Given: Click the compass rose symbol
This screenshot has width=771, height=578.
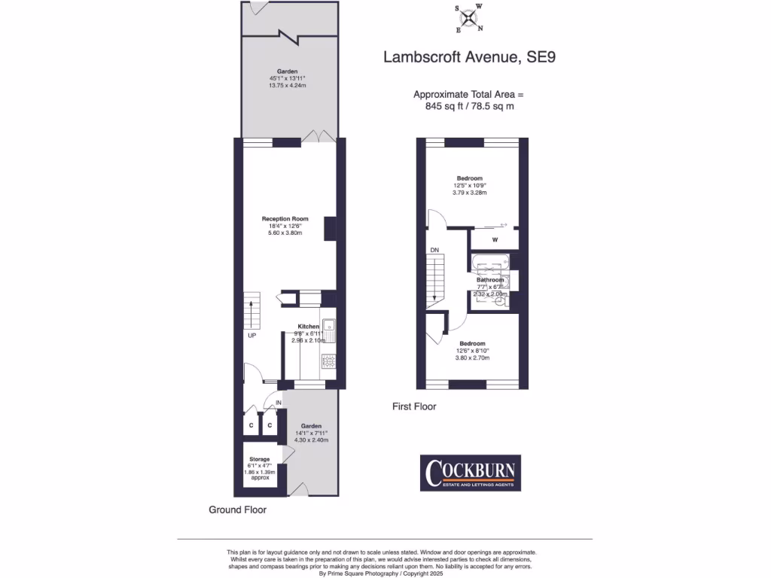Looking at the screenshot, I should pyautogui.click(x=469, y=18).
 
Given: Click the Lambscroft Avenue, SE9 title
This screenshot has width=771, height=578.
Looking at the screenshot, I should pyautogui.click(x=470, y=57).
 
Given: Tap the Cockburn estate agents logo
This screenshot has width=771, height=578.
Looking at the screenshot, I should pyautogui.click(x=470, y=473).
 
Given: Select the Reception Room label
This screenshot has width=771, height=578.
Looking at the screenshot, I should pyautogui.click(x=285, y=218).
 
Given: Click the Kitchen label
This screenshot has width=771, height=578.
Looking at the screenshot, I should pyautogui.click(x=308, y=327).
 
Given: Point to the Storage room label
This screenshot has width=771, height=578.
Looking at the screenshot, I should pyautogui.click(x=260, y=459).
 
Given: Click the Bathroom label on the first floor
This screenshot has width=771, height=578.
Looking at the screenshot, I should pyautogui.click(x=490, y=280).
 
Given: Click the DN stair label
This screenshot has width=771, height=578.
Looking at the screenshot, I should pyautogui.click(x=434, y=250).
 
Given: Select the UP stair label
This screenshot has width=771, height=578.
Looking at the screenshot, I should pyautogui.click(x=252, y=336).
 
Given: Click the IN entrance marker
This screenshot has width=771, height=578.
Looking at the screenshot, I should pyautogui.click(x=278, y=403).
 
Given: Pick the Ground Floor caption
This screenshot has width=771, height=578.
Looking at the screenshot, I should pyautogui.click(x=237, y=510).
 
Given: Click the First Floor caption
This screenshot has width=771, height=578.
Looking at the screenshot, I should pyautogui.click(x=414, y=406).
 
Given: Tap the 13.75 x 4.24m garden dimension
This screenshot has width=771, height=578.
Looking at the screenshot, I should pyautogui.click(x=288, y=86).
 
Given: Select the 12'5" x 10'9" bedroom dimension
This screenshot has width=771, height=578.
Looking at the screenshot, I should pyautogui.click(x=470, y=185).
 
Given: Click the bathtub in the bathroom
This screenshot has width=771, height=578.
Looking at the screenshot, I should pyautogui.click(x=489, y=263).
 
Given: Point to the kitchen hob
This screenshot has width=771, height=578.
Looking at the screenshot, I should pyautogui.click(x=329, y=361).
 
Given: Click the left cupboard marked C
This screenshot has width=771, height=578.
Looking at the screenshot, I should pyautogui.click(x=251, y=425).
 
